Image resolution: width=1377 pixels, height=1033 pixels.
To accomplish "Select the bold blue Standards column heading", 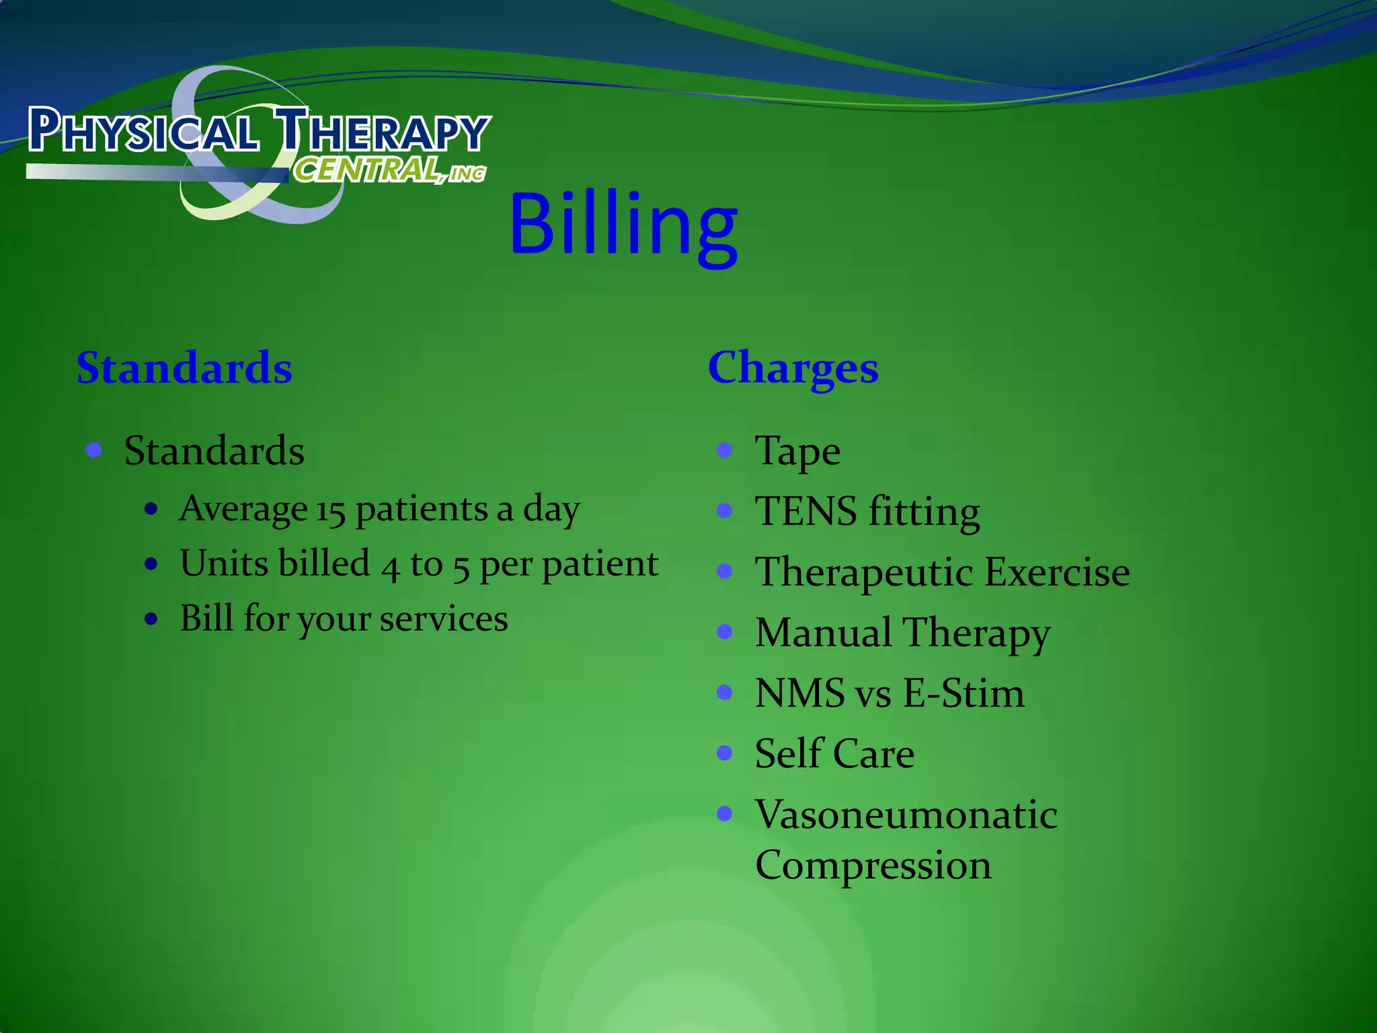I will coord(184,369).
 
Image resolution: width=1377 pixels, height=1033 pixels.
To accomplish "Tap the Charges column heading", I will coord(793,369).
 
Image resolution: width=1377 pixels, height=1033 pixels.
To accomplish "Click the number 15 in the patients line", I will coord(331,510).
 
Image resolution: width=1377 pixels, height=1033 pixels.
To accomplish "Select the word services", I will coord(443,619).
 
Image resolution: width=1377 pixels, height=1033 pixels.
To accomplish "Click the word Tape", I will coord(797,451).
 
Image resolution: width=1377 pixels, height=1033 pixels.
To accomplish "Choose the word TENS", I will coord(806,512).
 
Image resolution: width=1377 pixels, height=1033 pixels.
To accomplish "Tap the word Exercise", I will coord(1058,572).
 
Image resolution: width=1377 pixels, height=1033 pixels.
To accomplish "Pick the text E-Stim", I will coord(963,693).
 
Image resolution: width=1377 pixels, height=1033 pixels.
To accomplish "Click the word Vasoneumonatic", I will coord(906,814).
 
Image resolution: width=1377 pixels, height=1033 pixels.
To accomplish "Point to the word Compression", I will coord(873,866).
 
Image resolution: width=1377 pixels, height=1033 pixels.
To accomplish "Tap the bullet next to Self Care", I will coord(724,753).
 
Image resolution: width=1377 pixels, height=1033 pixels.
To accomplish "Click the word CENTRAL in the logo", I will coord(367,169).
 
